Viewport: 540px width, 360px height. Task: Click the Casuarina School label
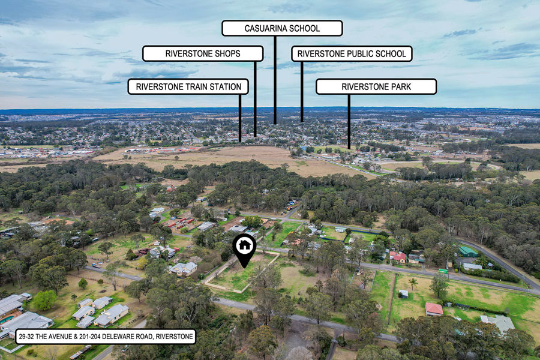click(282, 28)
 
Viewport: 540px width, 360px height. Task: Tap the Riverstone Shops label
click(203, 53)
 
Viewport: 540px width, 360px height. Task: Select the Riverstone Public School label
click(352, 53)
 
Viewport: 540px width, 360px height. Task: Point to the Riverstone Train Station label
click(188, 86)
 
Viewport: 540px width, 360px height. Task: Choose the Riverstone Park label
click(376, 86)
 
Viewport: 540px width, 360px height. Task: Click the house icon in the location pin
click(245, 245)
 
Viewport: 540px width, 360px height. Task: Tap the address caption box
click(106, 336)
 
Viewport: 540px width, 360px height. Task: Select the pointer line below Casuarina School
click(275, 78)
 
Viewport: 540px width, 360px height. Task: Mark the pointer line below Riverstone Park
click(349, 120)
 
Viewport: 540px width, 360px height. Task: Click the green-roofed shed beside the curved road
click(468, 251)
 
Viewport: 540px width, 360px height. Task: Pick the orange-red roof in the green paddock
click(434, 308)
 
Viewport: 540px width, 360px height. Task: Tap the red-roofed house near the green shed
click(397, 257)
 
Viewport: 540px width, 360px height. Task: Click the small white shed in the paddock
click(404, 293)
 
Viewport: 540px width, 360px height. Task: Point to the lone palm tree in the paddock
click(413, 281)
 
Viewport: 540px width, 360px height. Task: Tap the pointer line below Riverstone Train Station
click(240, 117)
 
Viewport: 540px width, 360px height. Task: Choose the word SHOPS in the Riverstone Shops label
click(227, 53)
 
